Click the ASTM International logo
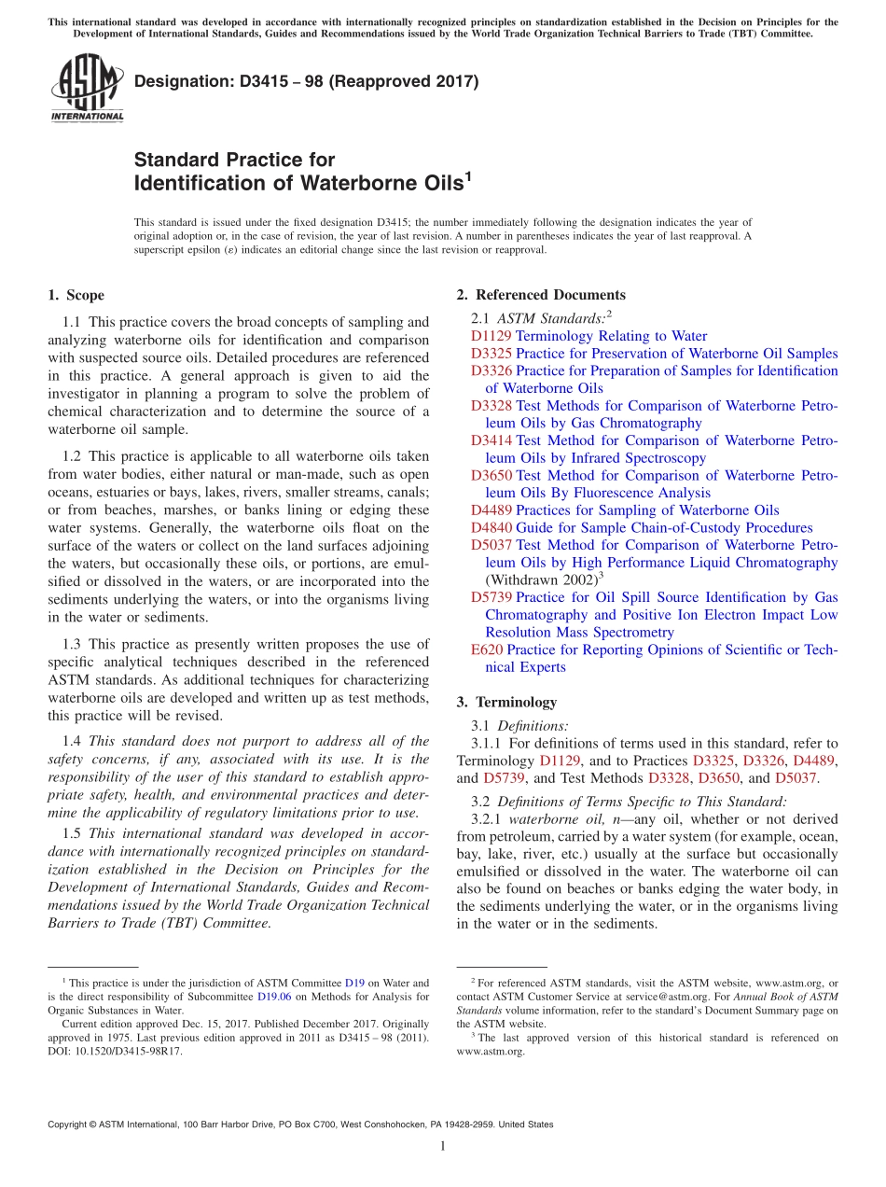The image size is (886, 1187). click(87, 88)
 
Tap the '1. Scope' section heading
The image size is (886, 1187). click(76, 296)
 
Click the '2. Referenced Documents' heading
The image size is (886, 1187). click(541, 295)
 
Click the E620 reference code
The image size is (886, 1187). click(487, 649)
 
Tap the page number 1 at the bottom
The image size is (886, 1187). click(443, 1147)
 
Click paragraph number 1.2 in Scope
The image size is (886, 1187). click(73, 457)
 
